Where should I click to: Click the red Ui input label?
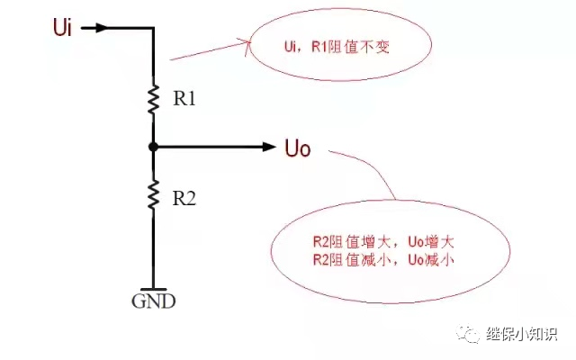click(x=62, y=27)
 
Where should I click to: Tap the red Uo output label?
click(x=297, y=147)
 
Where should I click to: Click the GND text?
click(x=154, y=301)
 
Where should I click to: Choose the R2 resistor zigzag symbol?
click(x=154, y=193)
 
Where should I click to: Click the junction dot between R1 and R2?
click(x=154, y=146)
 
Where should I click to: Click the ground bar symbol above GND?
click(x=154, y=287)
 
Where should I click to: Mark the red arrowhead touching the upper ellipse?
click(x=242, y=41)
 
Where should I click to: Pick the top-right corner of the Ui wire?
click(x=154, y=28)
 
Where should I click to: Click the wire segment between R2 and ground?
click(x=154, y=247)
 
